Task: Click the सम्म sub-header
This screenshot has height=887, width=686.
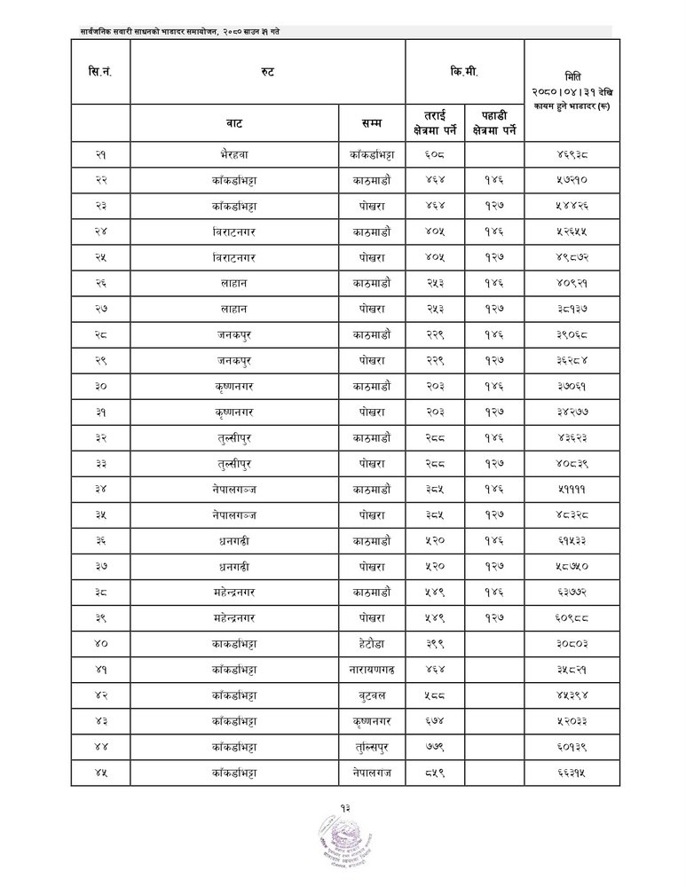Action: (x=372, y=122)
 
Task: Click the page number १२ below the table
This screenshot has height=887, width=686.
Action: (x=343, y=807)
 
